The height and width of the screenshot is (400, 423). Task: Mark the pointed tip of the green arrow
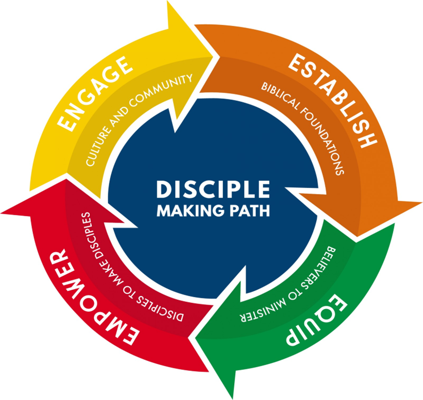[232, 396]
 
